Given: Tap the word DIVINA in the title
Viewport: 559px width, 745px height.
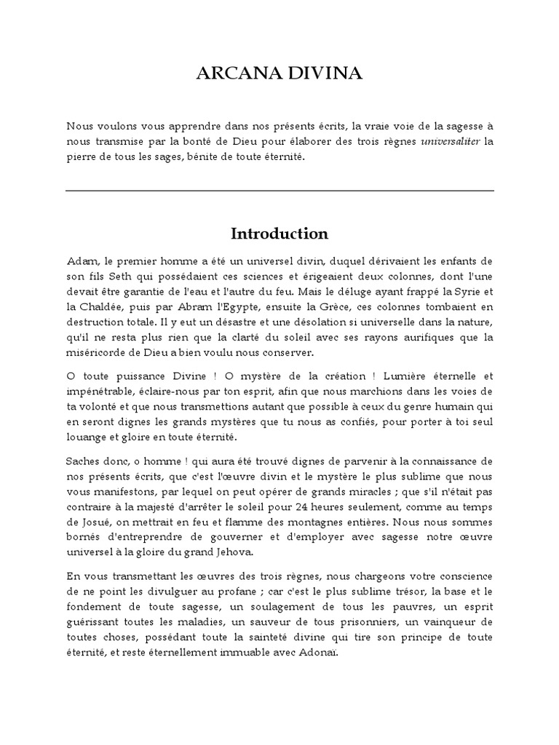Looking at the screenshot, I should pyautogui.click(x=325, y=74).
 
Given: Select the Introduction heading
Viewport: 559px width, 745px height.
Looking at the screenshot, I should pyautogui.click(x=279, y=234).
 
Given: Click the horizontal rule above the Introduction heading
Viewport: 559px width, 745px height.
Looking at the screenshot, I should pyautogui.click(x=279, y=191).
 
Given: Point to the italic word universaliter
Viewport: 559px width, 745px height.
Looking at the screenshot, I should pyautogui.click(x=451, y=140).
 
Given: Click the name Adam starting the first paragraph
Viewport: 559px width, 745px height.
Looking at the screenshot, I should pyautogui.click(x=80, y=260).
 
